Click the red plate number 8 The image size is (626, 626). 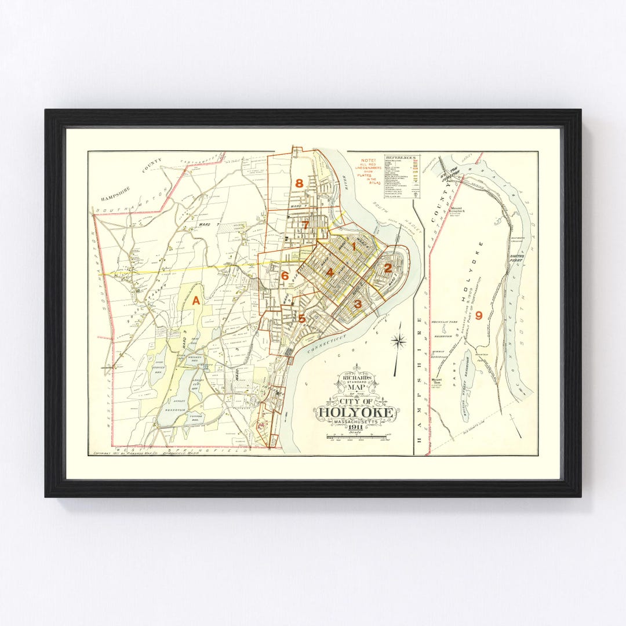coord(299,184)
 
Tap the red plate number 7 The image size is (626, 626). coord(304,225)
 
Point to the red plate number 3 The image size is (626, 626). coord(358,304)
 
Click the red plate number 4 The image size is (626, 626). coord(330,272)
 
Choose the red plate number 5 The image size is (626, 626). coord(301,318)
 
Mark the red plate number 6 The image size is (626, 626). coord(285,276)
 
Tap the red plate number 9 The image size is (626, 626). coord(478,315)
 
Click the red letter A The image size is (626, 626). coord(196,300)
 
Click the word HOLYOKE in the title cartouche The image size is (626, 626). coord(356,413)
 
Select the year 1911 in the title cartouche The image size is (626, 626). coord(356,428)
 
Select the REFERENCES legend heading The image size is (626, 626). coord(402,157)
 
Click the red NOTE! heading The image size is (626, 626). coord(368,160)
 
